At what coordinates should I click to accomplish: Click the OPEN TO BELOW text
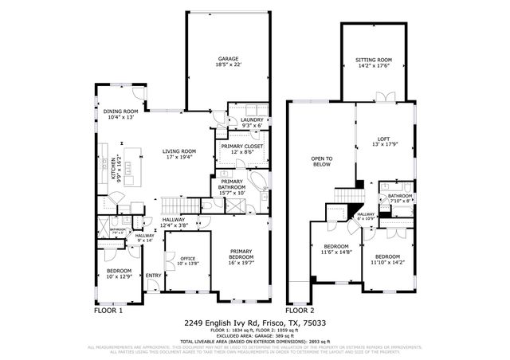[321, 162]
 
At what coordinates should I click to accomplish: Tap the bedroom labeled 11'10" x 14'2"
[387, 258]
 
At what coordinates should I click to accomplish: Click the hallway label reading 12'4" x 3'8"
[174, 223]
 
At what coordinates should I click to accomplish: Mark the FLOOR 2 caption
[300, 310]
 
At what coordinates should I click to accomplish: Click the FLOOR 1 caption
[108, 310]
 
